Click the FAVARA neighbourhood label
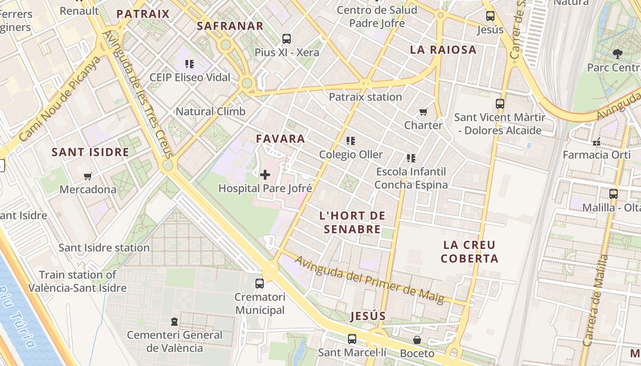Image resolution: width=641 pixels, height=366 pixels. [x=280, y=139]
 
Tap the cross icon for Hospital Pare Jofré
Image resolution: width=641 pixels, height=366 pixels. [x=265, y=174]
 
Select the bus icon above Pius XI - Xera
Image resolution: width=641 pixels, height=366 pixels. [x=287, y=39]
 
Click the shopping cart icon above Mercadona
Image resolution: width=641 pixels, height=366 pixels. [x=88, y=176]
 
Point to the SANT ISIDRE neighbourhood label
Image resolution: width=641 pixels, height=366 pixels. [x=90, y=152]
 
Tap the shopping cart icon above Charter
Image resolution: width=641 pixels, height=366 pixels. [x=424, y=112]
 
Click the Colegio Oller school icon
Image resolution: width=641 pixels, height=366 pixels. [x=351, y=141]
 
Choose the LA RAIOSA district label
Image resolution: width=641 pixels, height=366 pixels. [x=443, y=50]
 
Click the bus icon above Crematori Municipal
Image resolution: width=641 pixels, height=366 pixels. [x=260, y=284]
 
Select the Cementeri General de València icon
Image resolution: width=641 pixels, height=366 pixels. [x=174, y=322]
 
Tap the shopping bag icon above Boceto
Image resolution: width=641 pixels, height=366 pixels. [x=417, y=340]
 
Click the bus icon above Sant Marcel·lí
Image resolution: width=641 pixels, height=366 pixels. [x=352, y=339]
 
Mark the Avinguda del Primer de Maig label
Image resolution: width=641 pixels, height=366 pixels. [x=369, y=280]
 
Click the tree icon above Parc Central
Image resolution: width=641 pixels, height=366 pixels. [x=618, y=54]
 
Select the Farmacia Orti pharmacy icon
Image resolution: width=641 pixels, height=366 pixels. [x=596, y=142]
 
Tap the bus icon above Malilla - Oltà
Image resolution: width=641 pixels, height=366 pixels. [x=614, y=194]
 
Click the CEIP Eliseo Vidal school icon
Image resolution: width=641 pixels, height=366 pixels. [x=190, y=64]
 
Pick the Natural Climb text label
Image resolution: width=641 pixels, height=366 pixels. [x=211, y=111]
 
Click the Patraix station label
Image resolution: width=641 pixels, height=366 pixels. [x=365, y=97]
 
